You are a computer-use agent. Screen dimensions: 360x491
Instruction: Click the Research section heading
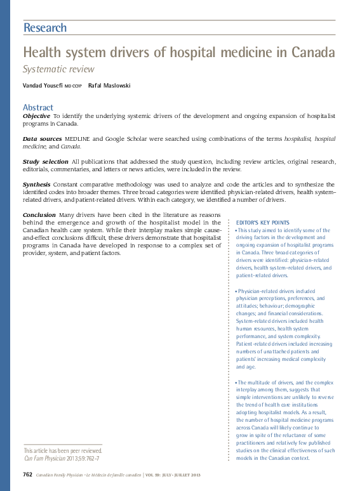tap(44, 27)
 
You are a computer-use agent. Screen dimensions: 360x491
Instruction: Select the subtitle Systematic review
tap(58, 69)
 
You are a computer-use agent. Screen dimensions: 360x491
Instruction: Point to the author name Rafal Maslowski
tap(109, 86)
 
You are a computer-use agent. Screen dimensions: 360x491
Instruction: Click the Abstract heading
tap(38, 107)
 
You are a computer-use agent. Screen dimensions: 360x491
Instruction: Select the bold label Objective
tap(36, 116)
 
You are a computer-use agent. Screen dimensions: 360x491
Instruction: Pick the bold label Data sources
tap(42, 138)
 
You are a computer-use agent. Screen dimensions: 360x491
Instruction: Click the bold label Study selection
tap(45, 162)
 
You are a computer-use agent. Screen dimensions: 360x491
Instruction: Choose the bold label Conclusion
tap(39, 215)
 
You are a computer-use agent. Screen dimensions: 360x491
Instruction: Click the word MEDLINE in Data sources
tap(79, 138)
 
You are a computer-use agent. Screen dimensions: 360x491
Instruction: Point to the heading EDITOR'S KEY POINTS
tap(262, 223)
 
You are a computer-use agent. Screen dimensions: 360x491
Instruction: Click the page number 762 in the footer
tap(27, 474)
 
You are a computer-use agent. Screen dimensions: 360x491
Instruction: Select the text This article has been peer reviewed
tap(62, 450)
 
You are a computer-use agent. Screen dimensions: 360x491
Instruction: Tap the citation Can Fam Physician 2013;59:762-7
tap(61, 458)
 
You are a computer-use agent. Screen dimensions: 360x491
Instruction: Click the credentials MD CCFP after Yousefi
tap(73, 86)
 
